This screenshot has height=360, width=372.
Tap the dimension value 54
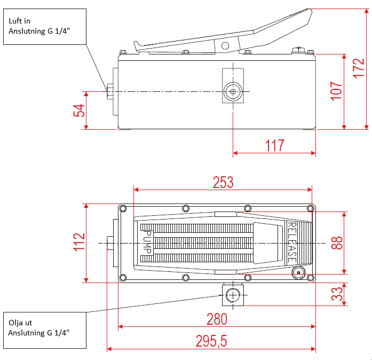point(78,110)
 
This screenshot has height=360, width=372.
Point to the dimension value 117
point(274,145)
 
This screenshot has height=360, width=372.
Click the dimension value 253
point(223,182)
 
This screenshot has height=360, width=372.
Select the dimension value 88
point(336,243)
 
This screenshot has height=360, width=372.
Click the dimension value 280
point(217,319)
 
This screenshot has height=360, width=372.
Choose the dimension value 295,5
point(211,341)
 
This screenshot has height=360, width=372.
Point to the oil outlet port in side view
point(233,92)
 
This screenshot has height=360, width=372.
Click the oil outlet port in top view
point(233,294)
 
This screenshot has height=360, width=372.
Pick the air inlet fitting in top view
point(110,243)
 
